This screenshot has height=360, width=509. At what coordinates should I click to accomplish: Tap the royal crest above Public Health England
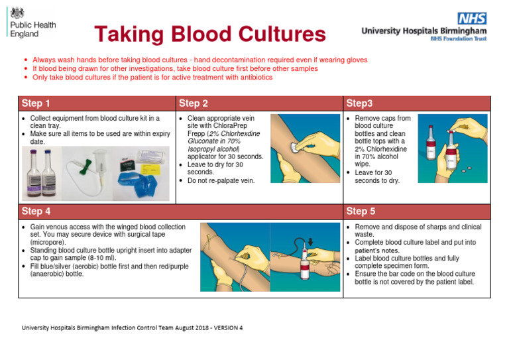[17, 11]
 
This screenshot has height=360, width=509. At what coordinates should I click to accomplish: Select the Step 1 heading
[36, 103]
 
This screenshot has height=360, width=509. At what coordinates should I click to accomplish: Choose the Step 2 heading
[194, 103]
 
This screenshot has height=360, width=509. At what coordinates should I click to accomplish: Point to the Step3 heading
[360, 103]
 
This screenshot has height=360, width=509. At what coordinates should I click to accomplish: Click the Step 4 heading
[36, 211]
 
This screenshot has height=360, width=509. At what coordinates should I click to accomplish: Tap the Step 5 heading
[362, 211]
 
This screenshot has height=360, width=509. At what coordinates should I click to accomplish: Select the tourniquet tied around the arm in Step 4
[211, 238]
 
